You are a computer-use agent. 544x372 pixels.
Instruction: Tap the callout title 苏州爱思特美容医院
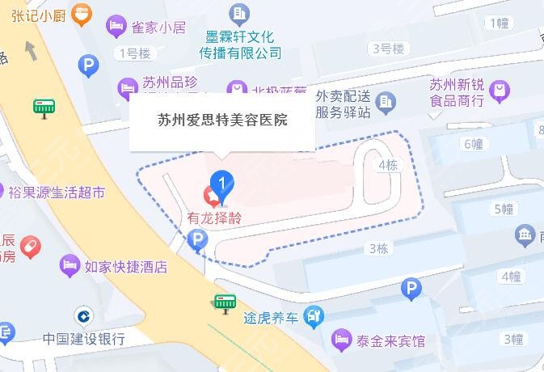click(x=222, y=120)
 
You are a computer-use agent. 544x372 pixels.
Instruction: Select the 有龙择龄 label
click(x=214, y=218)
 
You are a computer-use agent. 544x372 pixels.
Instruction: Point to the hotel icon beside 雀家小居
click(x=117, y=27)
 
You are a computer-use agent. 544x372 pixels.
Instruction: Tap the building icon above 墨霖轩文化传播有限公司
click(x=240, y=13)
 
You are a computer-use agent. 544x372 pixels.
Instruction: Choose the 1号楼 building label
click(x=134, y=53)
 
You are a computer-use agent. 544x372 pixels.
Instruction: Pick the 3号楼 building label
click(x=387, y=49)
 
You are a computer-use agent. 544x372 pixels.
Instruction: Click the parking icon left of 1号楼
click(x=87, y=65)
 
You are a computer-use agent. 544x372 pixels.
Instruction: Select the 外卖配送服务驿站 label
click(x=344, y=103)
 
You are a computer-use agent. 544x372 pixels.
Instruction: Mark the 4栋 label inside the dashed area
click(x=388, y=165)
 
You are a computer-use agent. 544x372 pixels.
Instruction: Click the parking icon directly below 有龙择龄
click(x=196, y=239)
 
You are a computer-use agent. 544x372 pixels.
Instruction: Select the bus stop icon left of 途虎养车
click(x=225, y=303)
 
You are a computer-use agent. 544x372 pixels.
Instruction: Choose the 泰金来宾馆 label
click(x=389, y=340)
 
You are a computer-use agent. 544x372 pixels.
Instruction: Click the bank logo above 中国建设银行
click(x=82, y=315)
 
